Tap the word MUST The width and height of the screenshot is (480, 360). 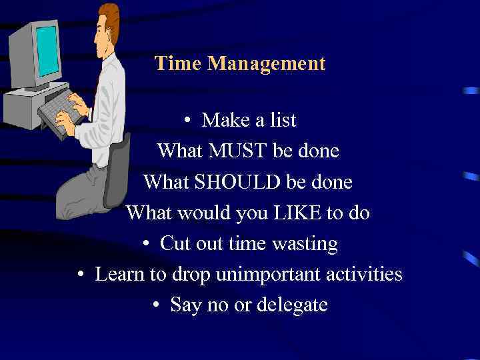coord(239,151)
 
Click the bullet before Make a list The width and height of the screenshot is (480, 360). coord(189,121)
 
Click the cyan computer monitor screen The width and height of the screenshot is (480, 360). coord(47,51)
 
